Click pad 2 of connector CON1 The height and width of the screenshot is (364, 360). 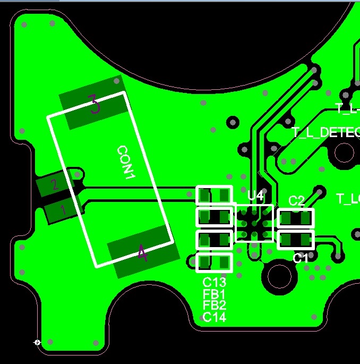coord(54,185)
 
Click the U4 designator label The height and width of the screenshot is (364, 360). coord(255,196)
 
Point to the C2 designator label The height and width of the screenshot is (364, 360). coord(296,200)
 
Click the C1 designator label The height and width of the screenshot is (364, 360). coord(301,258)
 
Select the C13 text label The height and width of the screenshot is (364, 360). coord(214,282)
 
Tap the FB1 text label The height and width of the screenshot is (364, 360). coord(214,294)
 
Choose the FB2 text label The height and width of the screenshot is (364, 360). coord(214,306)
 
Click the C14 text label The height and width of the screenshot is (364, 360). coord(214,317)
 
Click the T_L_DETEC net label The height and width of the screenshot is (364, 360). coord(325,132)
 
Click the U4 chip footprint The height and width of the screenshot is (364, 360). coord(254,223)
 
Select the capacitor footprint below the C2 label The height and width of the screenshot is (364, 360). coord(296,218)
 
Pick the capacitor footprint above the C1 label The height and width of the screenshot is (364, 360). coord(296,240)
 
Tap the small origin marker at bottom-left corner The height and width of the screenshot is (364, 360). coord(37,343)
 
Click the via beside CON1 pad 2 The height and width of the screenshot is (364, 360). coord(78,174)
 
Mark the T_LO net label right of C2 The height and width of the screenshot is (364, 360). coord(348,199)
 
